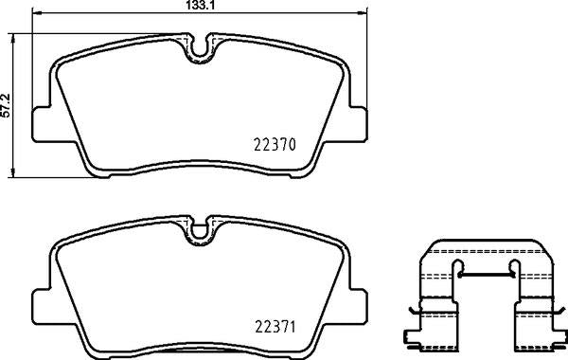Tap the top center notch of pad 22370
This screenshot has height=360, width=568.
point(200,45)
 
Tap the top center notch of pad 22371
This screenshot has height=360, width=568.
point(200,229)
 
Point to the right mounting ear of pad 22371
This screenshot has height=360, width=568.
point(356,303)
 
